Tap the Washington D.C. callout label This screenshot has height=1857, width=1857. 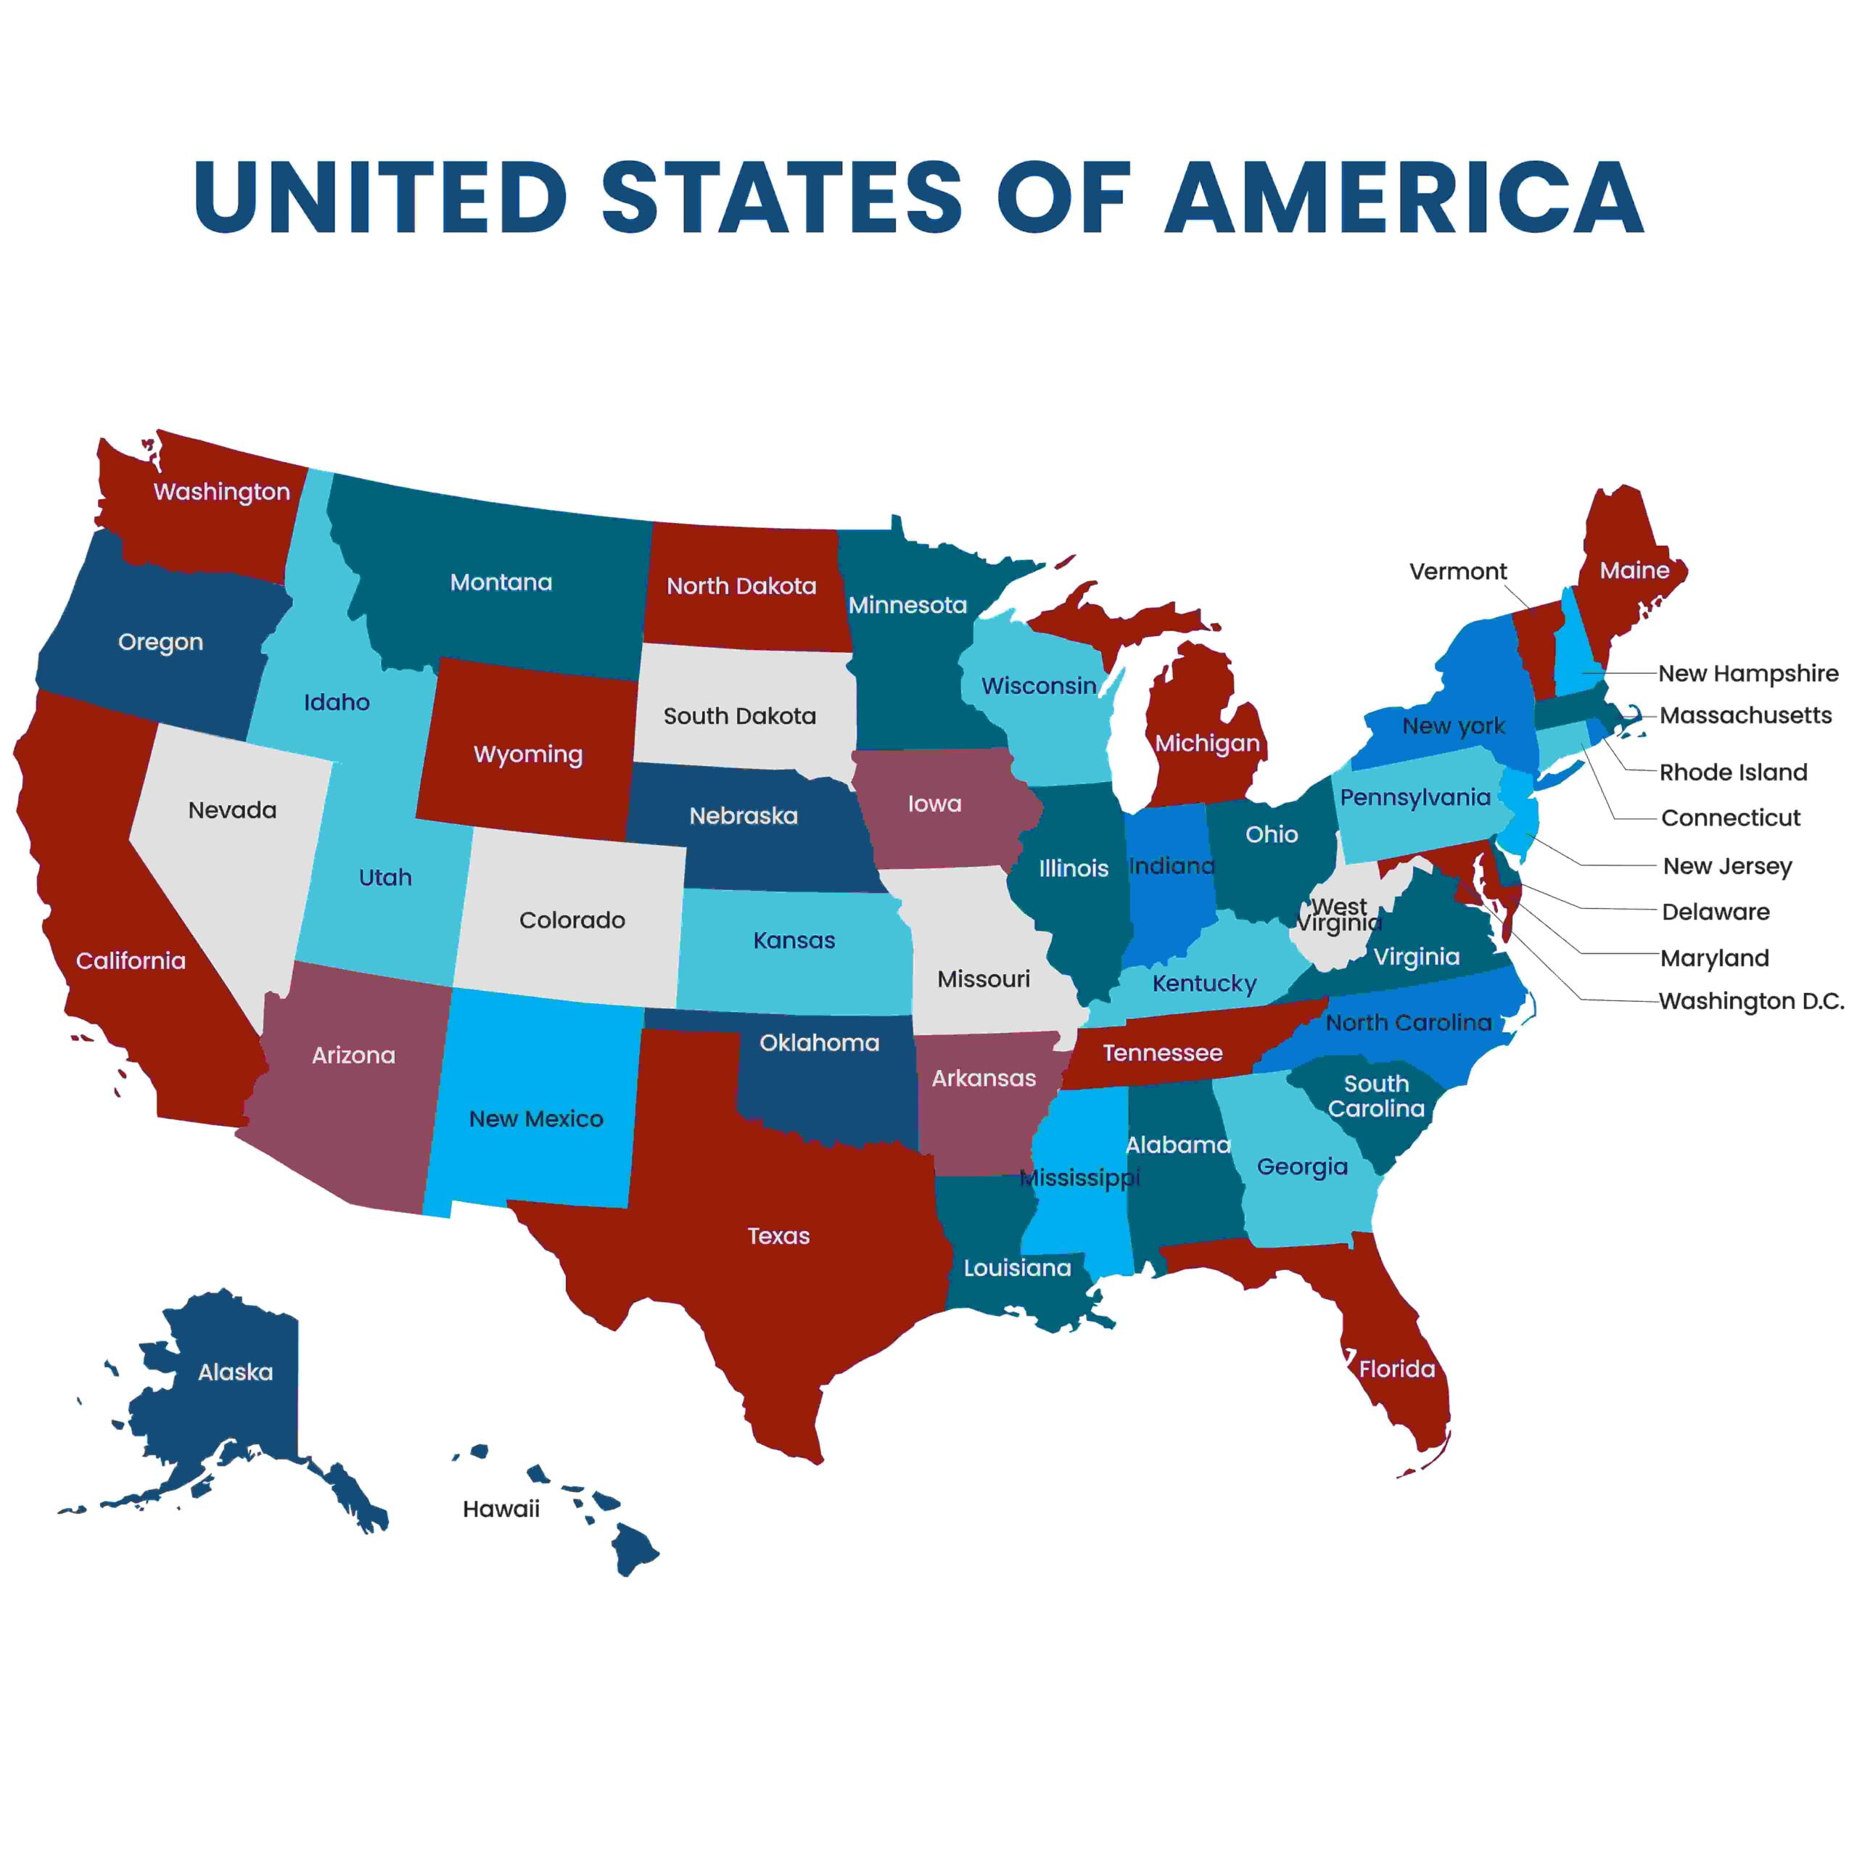pos(1751,1000)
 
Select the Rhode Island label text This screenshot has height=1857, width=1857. pos(1733,772)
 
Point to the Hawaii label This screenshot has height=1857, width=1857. pos(501,1509)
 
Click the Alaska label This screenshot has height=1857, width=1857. pos(236,1372)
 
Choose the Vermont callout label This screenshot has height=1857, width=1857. pos(1457,571)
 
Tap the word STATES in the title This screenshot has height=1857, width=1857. pos(781,197)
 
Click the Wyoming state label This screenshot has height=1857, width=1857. pos(527,754)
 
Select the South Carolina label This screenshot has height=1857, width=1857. pos(1376,1096)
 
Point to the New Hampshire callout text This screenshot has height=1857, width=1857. pos(1747,673)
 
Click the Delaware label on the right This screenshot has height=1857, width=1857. pos(1716,911)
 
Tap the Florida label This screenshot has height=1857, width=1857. pos(1396,1369)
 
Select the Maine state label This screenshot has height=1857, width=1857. pos(1634,570)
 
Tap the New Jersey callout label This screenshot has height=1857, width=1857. pos(1727,866)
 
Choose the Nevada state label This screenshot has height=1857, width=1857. pos(233,810)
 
